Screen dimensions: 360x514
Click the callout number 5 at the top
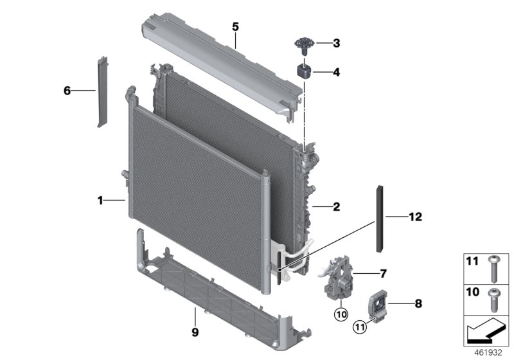235,26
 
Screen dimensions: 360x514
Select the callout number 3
336,44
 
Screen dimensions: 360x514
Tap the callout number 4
336,73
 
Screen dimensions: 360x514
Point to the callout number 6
67,91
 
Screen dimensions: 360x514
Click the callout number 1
100,201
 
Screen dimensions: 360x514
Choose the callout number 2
336,207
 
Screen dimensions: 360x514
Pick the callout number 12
414,217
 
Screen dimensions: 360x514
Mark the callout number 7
383,274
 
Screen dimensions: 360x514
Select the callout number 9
194,332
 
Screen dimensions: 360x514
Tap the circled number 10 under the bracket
339,314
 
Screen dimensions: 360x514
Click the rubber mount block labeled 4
303,69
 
